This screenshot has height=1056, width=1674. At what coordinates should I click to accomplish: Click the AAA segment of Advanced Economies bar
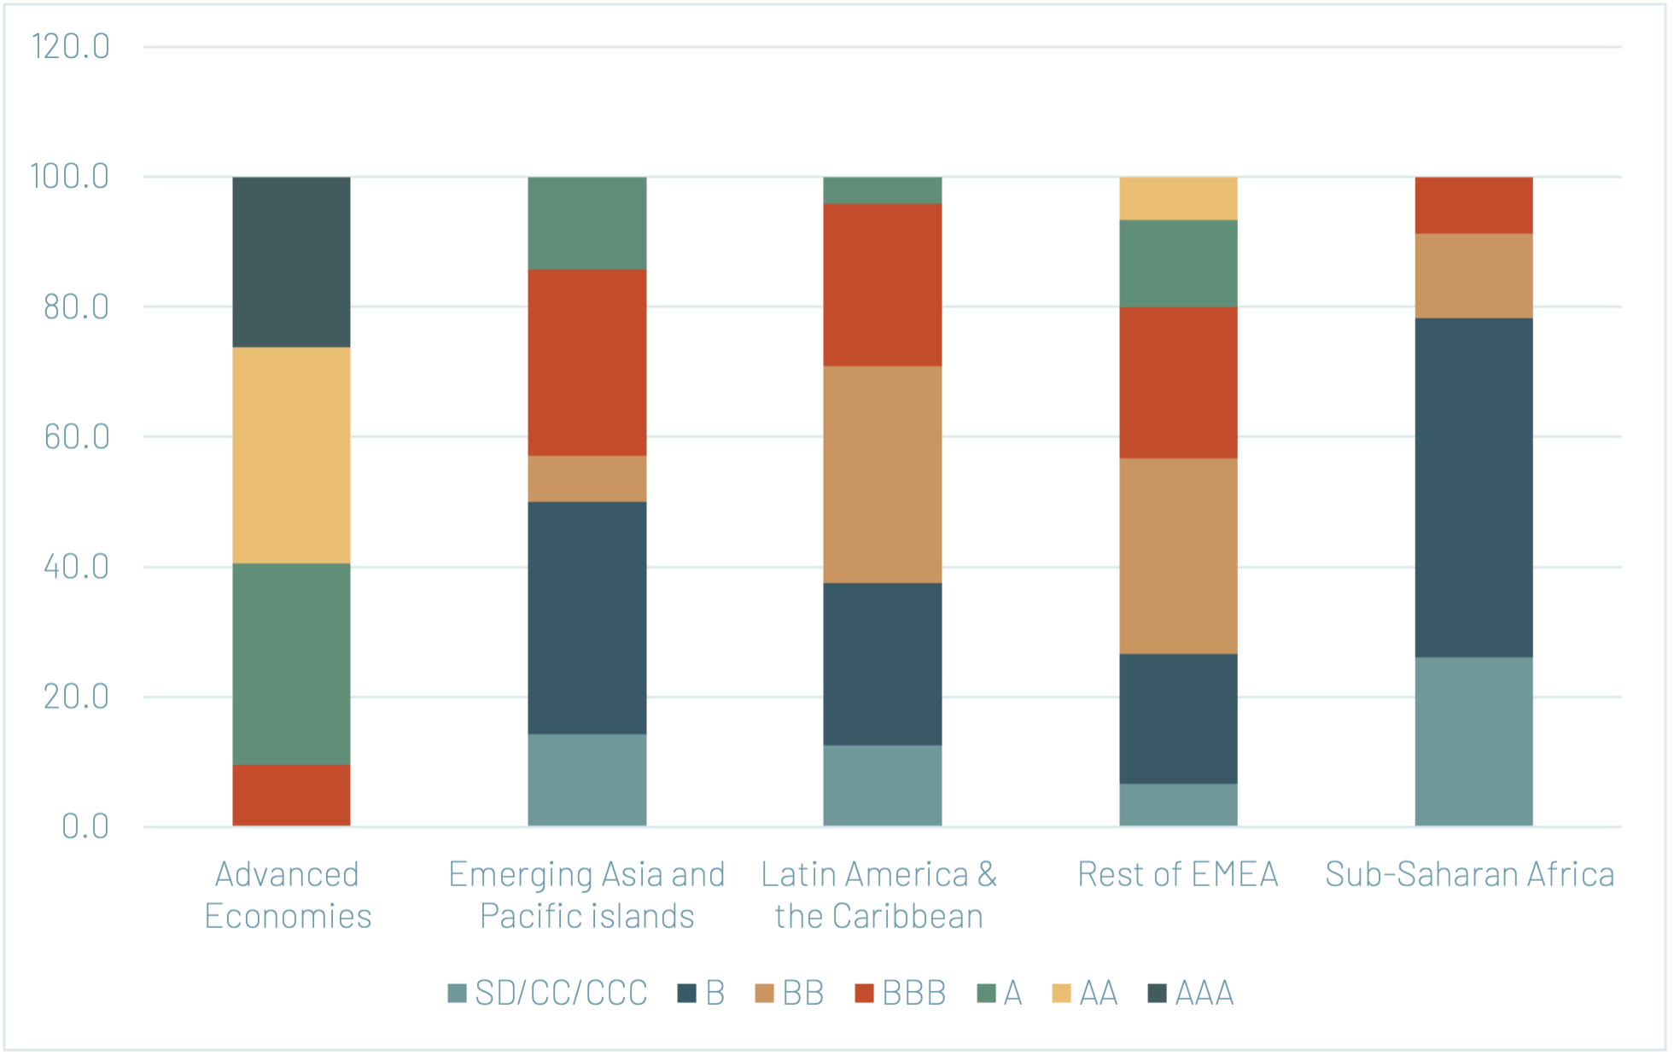291,262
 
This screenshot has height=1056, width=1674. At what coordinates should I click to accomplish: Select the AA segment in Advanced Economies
291,455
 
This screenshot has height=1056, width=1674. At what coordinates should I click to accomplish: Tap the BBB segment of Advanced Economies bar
291,795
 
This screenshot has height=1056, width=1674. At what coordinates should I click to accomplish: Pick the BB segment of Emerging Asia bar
586,479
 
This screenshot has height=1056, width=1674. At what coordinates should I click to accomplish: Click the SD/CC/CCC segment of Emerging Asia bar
586,779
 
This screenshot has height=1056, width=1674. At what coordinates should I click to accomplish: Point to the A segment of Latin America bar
882,190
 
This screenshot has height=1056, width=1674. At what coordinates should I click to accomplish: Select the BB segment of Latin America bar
882,475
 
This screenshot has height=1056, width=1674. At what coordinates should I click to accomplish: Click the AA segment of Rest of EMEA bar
1178,199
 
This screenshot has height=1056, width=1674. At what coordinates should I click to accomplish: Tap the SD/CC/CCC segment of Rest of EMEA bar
1178,804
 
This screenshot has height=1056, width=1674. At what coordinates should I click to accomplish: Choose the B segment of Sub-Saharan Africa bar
1473,487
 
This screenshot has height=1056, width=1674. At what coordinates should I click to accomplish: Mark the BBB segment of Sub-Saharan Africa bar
1473,206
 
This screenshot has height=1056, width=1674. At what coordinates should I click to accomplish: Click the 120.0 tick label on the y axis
71,47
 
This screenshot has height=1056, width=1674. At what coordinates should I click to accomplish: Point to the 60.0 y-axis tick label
77,437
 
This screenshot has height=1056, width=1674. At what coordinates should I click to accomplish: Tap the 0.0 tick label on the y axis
85,826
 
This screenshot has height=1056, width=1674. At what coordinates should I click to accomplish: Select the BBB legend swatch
865,993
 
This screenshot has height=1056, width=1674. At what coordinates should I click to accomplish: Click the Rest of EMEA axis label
1178,874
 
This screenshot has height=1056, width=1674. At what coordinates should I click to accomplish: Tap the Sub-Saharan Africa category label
1470,874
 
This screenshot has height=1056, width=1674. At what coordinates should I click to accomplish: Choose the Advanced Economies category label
288,895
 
